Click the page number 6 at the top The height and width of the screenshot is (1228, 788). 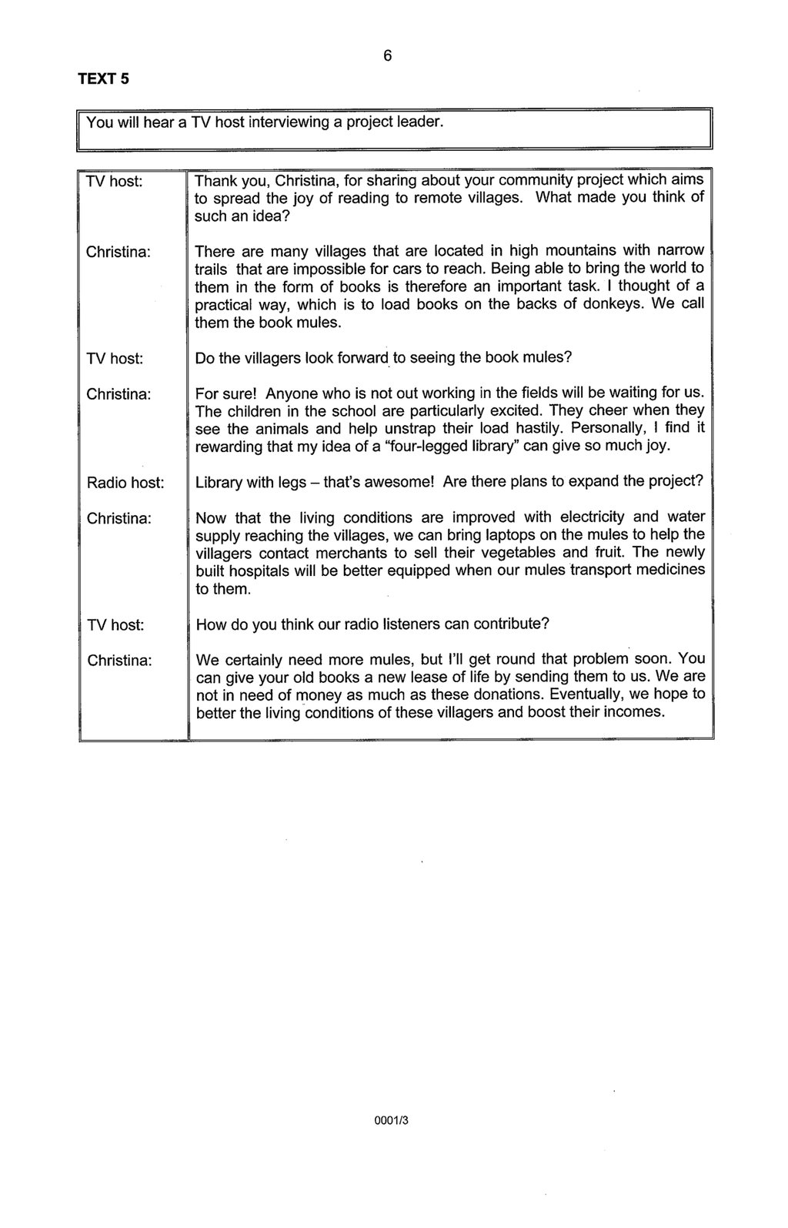click(x=388, y=55)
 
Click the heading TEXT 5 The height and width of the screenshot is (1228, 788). click(x=102, y=79)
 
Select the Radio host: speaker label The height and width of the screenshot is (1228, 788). click(x=125, y=483)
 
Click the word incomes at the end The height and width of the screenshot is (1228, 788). click(x=638, y=712)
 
